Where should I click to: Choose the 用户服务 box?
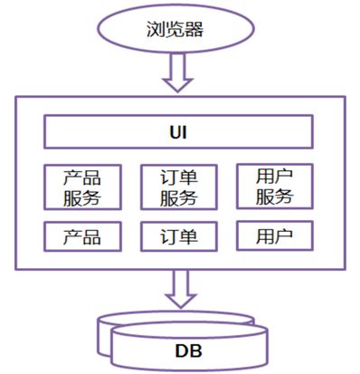click(x=274, y=186)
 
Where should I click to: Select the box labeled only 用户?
click(x=274, y=236)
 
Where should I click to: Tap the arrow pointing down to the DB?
click(x=180, y=289)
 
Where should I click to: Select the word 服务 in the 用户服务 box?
click(x=274, y=197)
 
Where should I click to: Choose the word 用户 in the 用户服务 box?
click(x=274, y=174)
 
